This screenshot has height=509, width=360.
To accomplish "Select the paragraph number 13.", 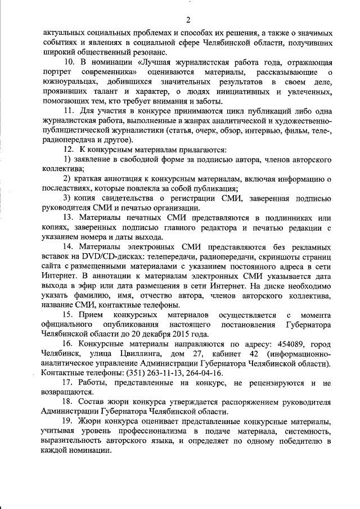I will point(70,218).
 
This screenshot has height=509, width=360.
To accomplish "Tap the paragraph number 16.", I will point(70,343).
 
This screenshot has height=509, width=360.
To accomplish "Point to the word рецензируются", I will point(267,382).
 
